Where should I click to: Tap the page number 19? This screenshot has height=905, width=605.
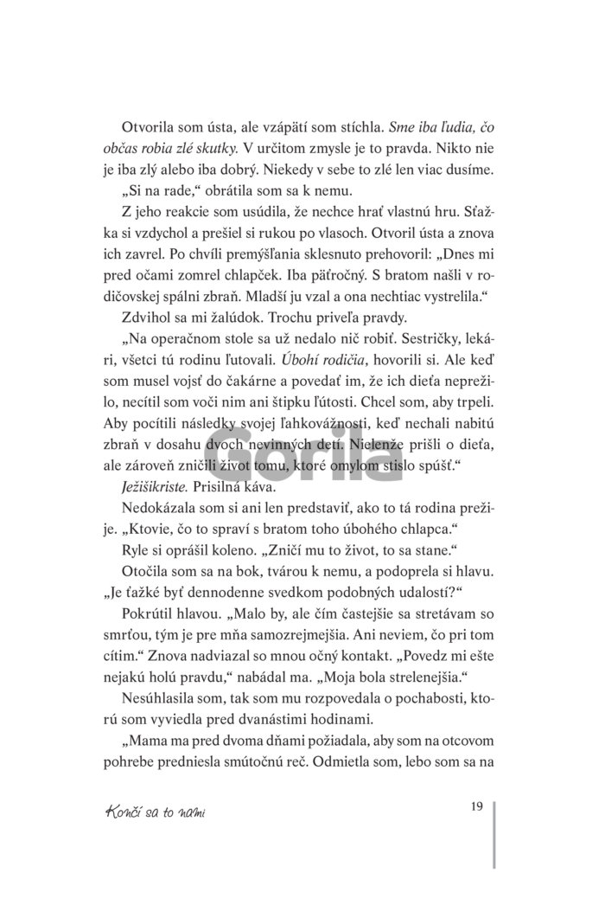(476, 806)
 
